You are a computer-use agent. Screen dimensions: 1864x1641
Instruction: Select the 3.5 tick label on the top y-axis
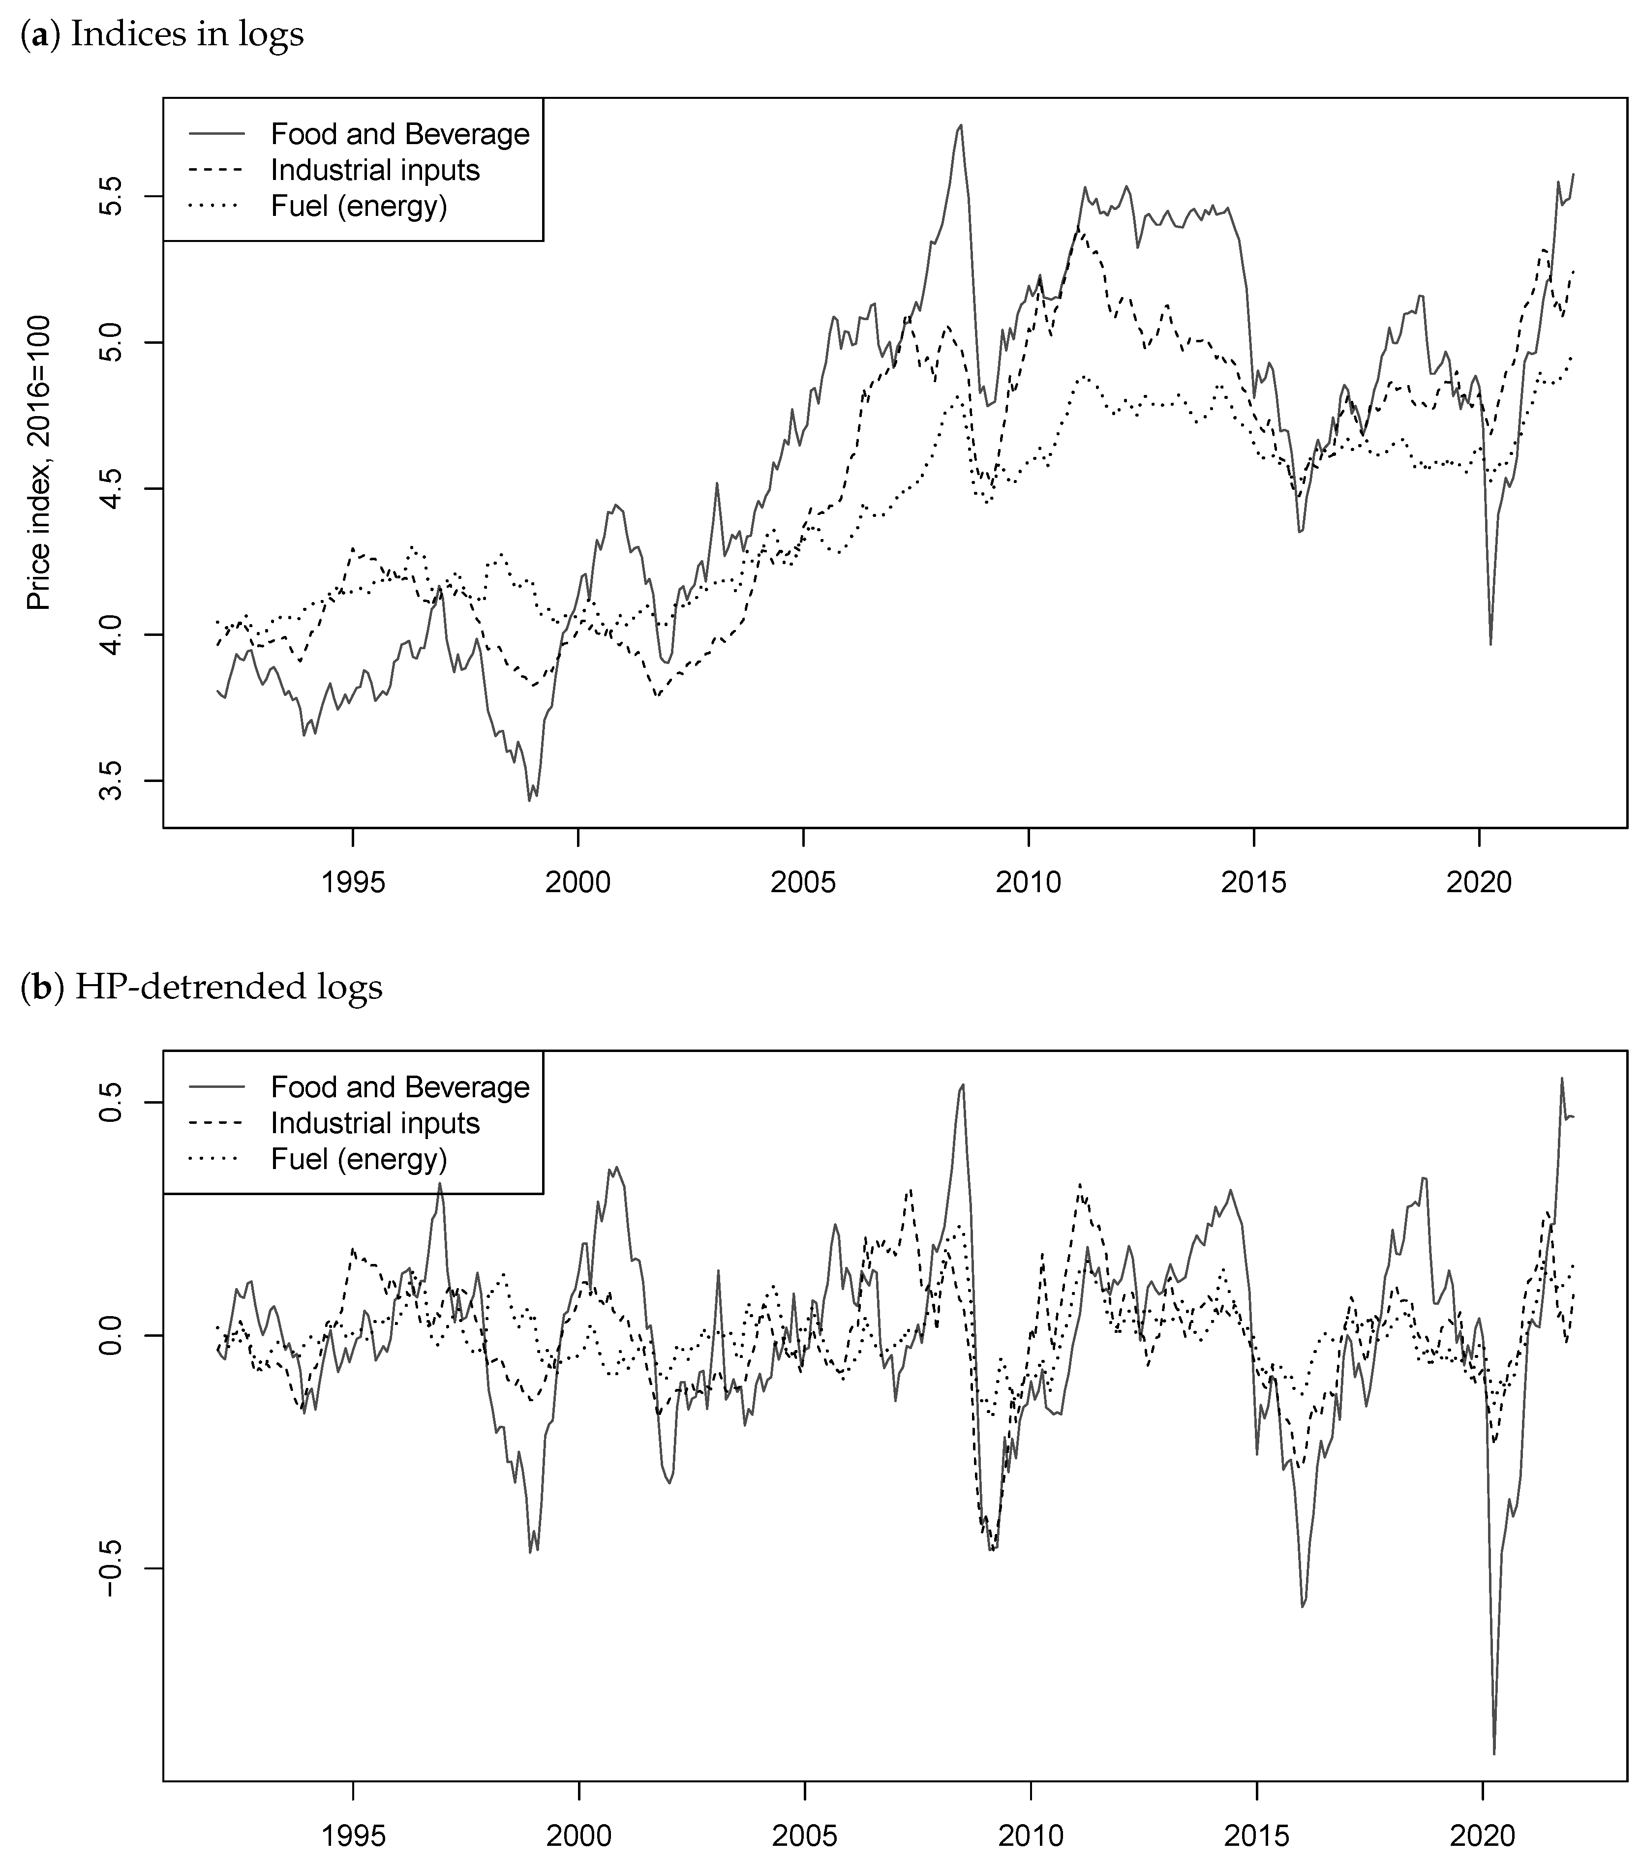pyautogui.click(x=110, y=781)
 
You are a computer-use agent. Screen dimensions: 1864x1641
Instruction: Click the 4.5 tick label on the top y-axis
pyautogui.click(x=110, y=489)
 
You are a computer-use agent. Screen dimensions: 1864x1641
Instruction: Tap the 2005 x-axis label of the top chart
pyautogui.click(x=803, y=883)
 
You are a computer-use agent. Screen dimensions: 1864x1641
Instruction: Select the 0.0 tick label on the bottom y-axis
pyautogui.click(x=110, y=1336)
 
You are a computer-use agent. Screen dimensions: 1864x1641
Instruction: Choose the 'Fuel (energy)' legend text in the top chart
pyautogui.click(x=359, y=206)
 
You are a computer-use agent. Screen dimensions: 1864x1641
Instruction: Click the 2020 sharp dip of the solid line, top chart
pyautogui.click(x=1490, y=644)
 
